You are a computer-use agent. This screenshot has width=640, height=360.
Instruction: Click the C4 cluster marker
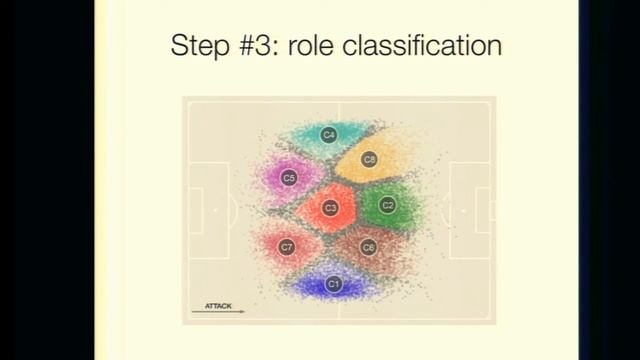(328, 134)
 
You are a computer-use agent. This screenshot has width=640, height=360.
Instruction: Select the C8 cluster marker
(369, 159)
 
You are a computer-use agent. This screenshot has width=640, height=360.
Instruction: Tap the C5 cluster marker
(289, 178)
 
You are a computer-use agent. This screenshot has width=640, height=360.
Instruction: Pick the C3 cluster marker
(330, 208)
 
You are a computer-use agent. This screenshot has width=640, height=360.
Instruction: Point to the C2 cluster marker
(388, 206)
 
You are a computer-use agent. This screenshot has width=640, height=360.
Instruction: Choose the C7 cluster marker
(287, 246)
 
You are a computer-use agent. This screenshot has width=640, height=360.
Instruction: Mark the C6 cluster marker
(368, 246)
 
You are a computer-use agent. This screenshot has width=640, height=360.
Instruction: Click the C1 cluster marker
(334, 284)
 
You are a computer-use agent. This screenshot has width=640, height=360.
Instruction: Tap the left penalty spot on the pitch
(216, 210)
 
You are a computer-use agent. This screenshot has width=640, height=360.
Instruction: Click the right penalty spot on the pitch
(462, 210)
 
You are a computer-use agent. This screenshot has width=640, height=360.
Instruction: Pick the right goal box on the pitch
(485, 210)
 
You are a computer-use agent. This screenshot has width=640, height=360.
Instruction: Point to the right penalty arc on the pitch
(445, 210)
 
